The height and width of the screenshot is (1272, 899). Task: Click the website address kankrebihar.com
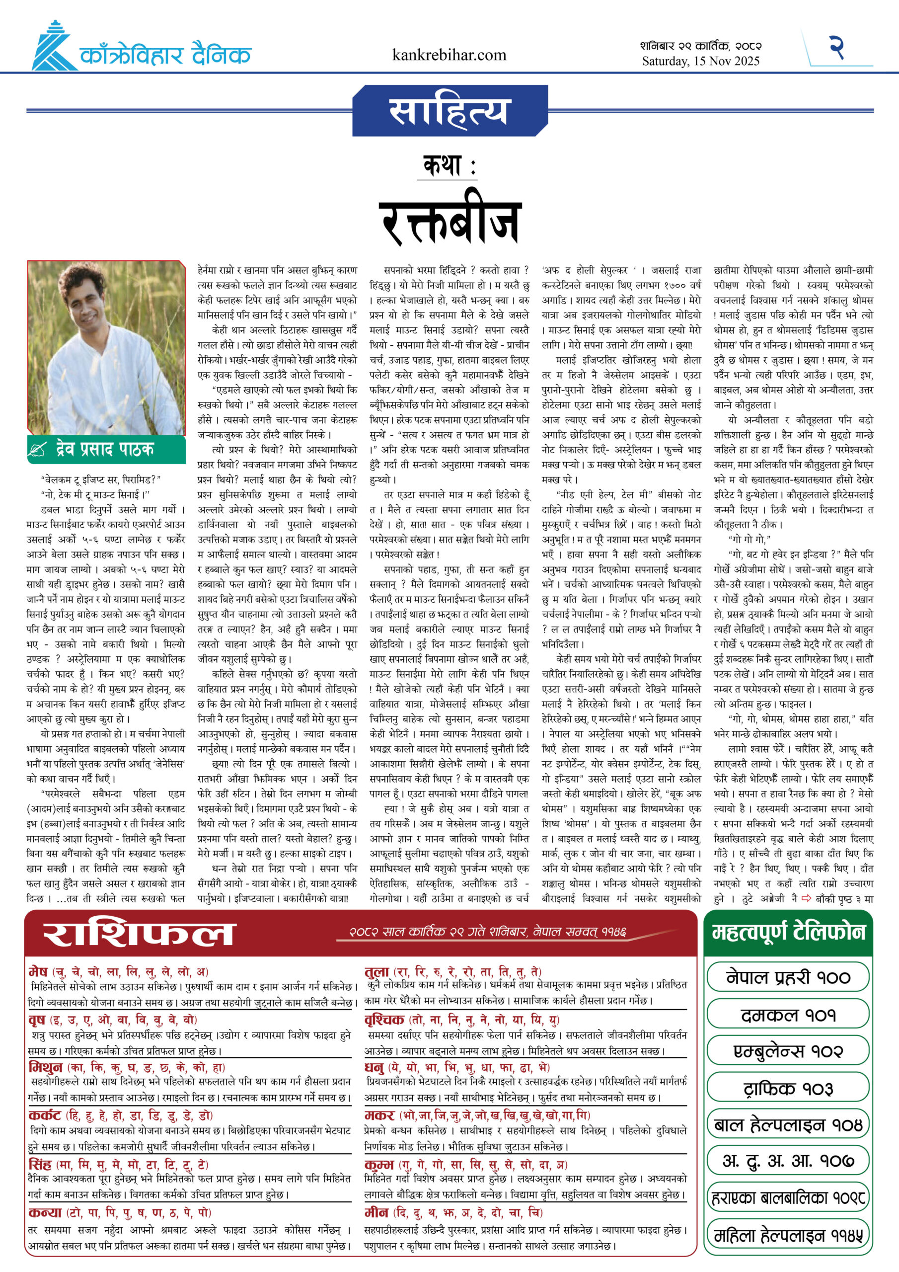tap(449, 55)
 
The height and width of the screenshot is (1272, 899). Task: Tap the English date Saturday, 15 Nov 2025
tap(700, 61)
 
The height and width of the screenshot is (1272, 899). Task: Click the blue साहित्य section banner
tap(449, 111)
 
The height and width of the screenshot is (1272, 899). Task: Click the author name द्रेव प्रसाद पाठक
tap(105, 449)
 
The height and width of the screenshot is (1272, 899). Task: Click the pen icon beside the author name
tap(37, 449)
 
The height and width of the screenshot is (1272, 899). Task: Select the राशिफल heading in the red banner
tap(139, 935)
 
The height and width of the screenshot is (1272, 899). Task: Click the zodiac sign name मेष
tap(38, 972)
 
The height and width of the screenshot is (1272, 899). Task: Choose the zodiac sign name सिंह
tap(40, 1164)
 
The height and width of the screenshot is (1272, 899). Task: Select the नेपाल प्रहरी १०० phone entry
tap(788, 978)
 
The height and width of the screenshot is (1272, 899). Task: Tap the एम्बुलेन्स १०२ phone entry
tap(788, 1051)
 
